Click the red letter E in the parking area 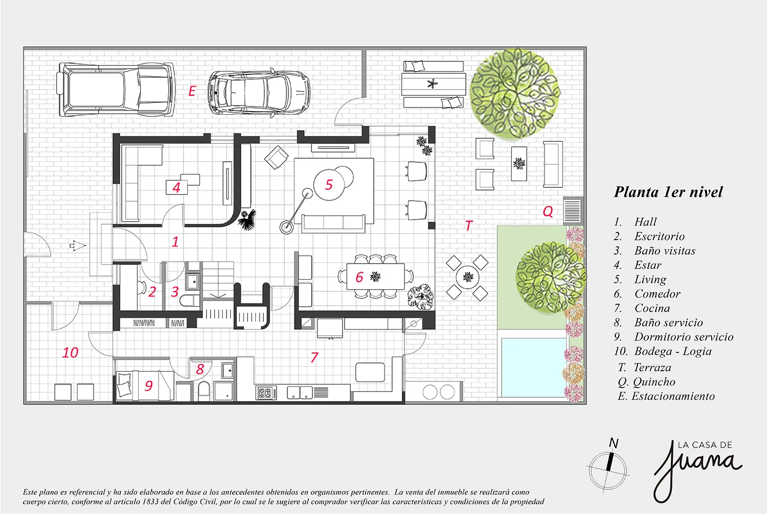[x=192, y=91]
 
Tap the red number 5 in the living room [x=329, y=185]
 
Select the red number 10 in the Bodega [x=70, y=353]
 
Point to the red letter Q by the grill [x=548, y=211]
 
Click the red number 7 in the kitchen [x=314, y=358]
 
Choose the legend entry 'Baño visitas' [x=665, y=251]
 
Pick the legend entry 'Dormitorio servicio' [x=684, y=337]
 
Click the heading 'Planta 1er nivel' [x=668, y=192]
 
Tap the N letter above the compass [x=614, y=443]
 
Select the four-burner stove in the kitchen [x=266, y=393]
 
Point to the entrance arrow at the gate [x=77, y=245]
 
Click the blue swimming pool [x=533, y=367]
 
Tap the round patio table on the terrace [x=467, y=277]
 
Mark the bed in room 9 [x=144, y=385]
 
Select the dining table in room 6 [x=376, y=276]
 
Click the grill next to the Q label [x=572, y=210]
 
